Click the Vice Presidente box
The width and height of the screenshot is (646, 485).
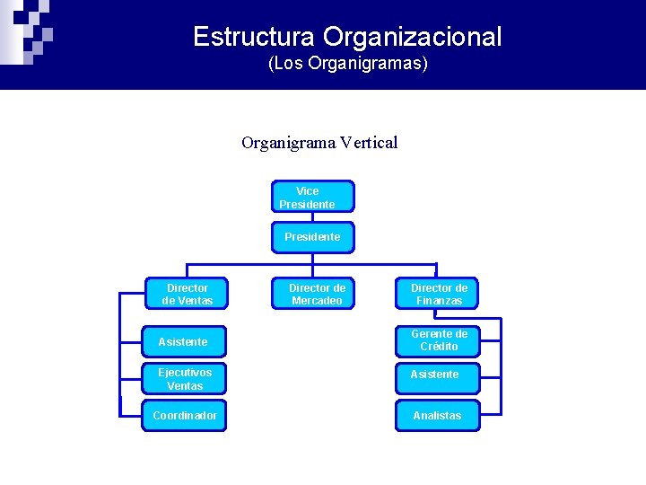click(x=312, y=197)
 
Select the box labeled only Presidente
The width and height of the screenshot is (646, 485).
click(x=312, y=237)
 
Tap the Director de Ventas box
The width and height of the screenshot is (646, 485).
click(x=187, y=294)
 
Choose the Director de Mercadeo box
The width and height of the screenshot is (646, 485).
click(x=312, y=294)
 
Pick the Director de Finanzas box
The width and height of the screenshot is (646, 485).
click(x=438, y=294)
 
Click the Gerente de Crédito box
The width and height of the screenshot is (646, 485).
click(x=438, y=340)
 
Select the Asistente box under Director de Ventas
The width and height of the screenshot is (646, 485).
click(x=183, y=341)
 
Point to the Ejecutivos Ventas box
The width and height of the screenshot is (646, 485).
click(x=184, y=378)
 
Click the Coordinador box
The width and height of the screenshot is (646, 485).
click(x=184, y=416)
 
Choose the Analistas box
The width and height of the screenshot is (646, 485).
click(x=438, y=416)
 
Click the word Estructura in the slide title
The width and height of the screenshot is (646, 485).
click(x=254, y=37)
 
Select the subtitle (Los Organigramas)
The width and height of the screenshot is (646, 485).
click(x=347, y=65)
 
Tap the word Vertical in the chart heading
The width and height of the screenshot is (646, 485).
click(x=369, y=142)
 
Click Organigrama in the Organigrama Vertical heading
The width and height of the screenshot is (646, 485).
click(x=286, y=142)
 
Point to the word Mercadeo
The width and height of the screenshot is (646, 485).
click(x=317, y=301)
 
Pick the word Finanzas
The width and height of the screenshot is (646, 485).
click(x=439, y=301)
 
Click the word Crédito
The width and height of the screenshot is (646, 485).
click(x=439, y=347)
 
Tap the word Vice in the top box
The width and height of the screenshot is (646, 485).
click(x=307, y=190)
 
